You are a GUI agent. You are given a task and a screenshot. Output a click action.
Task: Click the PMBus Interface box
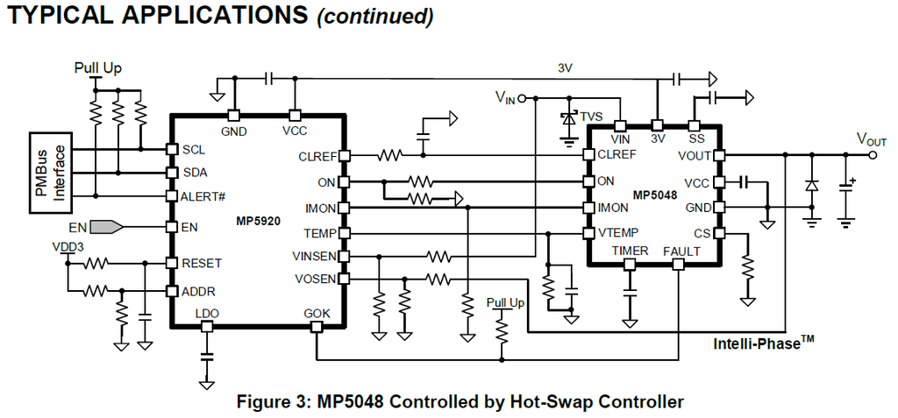click(x=50, y=172)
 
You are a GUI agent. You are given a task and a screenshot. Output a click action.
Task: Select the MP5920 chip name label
click(x=258, y=222)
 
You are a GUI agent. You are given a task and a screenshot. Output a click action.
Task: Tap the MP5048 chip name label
click(x=654, y=195)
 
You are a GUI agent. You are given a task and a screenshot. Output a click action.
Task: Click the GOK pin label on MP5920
click(x=317, y=313)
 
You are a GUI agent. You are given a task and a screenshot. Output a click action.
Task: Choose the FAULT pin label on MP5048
click(x=681, y=252)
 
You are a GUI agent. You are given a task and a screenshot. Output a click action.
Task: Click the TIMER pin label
click(x=630, y=252)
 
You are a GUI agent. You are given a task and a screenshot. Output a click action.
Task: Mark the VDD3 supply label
click(x=70, y=246)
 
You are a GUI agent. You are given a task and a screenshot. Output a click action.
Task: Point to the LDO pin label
click(x=207, y=313)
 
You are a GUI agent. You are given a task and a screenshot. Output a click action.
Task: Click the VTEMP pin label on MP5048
click(x=618, y=233)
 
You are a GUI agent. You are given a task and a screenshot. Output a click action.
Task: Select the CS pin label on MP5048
click(x=702, y=233)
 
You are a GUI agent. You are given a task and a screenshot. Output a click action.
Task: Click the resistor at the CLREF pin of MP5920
click(x=388, y=156)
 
